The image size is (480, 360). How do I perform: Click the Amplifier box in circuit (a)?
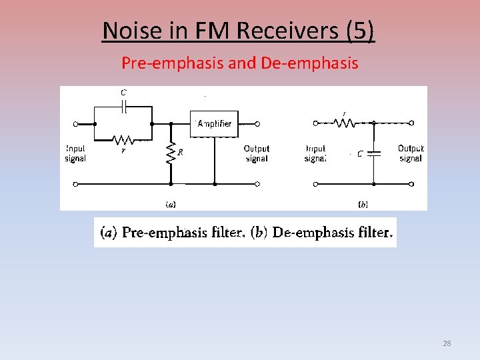pos(214,124)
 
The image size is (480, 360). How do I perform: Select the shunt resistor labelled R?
pos(171,153)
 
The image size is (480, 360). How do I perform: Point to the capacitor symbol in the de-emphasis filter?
pos(373,153)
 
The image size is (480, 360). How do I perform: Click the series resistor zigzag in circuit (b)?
pos(345,123)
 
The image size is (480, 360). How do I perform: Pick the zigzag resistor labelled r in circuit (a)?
pos(123,140)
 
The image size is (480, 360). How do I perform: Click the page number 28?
pos(447,343)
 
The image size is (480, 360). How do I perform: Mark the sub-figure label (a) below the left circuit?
pos(171,204)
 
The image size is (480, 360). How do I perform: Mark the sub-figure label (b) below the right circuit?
pos(363,204)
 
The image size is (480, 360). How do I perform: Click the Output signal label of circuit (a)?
pos(257,153)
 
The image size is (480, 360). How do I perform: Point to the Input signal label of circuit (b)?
pos(315,153)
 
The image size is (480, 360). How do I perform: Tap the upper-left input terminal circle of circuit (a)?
pos(75,124)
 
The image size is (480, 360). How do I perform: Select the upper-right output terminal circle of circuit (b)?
pos(411,123)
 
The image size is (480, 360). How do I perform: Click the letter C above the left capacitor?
pos(123,93)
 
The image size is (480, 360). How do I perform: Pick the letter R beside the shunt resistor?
pos(180,152)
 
